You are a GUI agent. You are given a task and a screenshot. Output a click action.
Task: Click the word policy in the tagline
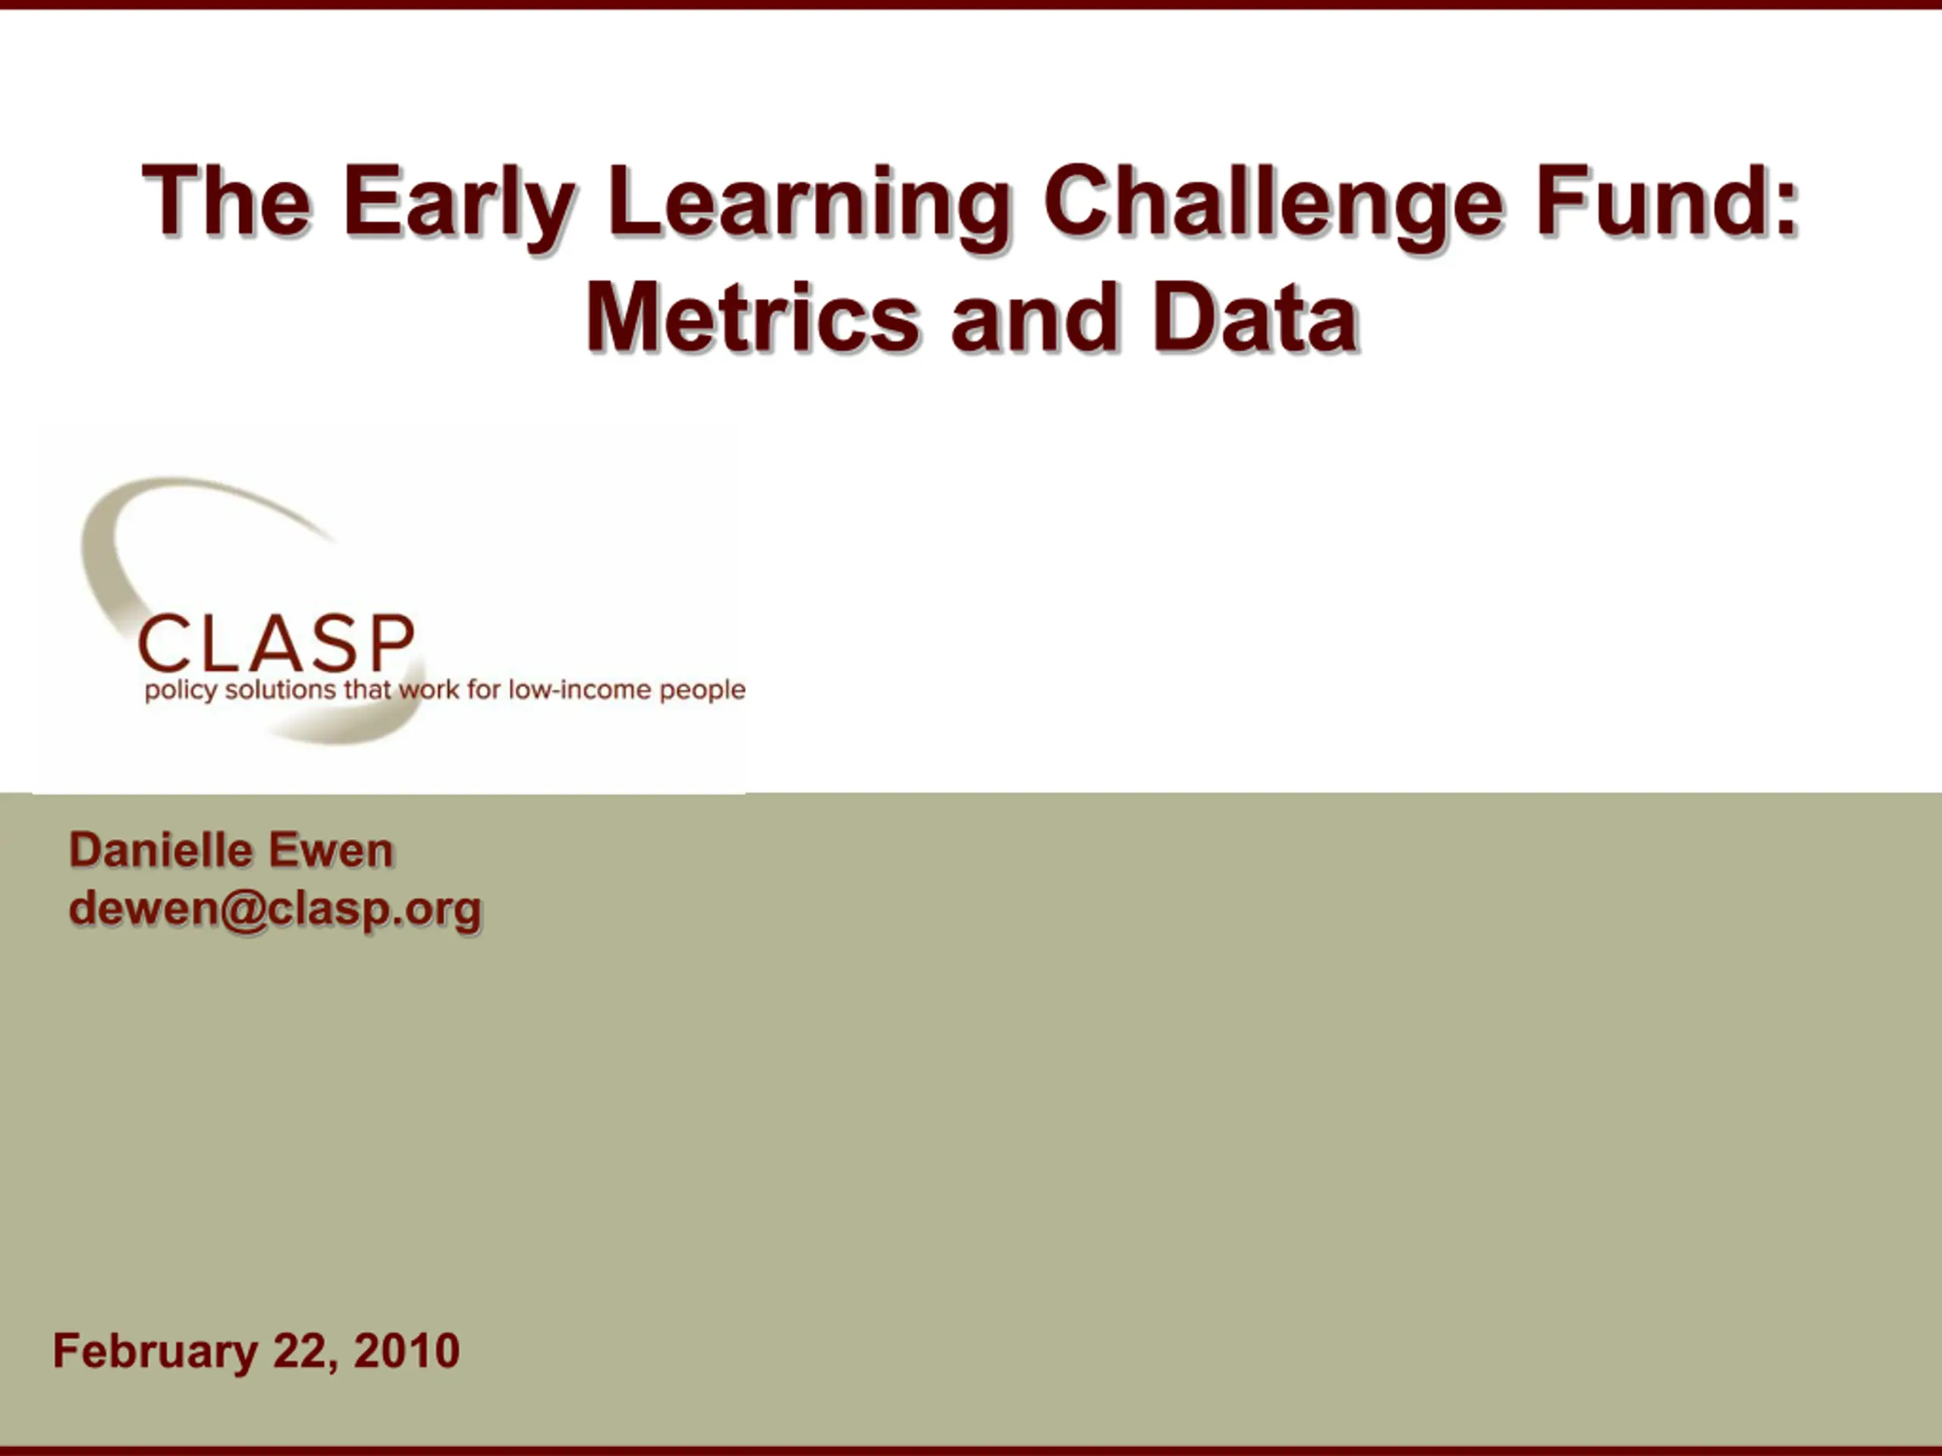[x=180, y=691]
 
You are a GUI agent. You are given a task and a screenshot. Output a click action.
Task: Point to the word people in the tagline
[x=702, y=691]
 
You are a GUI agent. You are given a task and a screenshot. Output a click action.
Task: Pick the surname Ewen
[x=331, y=850]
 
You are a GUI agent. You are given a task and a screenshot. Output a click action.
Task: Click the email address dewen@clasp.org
[x=275, y=909]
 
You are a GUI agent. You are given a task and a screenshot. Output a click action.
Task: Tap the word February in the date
[x=155, y=1351]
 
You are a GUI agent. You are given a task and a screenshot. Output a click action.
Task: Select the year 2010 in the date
[x=407, y=1351]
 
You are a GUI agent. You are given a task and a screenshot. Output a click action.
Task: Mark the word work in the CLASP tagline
[x=429, y=689]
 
